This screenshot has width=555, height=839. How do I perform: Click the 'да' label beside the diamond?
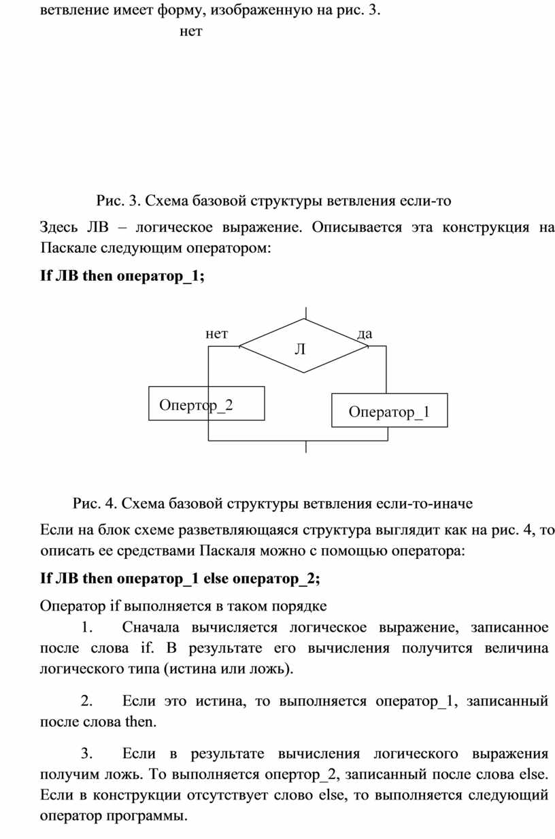point(365,334)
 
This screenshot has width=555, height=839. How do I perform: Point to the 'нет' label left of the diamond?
point(216,334)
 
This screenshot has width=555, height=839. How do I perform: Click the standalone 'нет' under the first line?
point(190,31)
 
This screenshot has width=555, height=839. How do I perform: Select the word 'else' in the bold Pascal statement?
point(216,579)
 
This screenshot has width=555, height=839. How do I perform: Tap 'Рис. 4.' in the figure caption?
point(95,504)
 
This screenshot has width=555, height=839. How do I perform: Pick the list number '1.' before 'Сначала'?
point(87,628)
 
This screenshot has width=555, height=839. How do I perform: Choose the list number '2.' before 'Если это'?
point(86,701)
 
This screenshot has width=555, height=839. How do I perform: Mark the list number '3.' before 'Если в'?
point(86,753)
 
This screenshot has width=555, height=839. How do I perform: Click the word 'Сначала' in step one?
point(150,628)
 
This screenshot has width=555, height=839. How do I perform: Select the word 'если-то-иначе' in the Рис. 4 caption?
point(424,504)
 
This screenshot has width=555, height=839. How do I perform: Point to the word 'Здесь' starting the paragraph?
point(59,227)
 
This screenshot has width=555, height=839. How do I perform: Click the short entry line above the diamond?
point(306,313)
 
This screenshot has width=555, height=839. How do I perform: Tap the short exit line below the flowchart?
point(306,447)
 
